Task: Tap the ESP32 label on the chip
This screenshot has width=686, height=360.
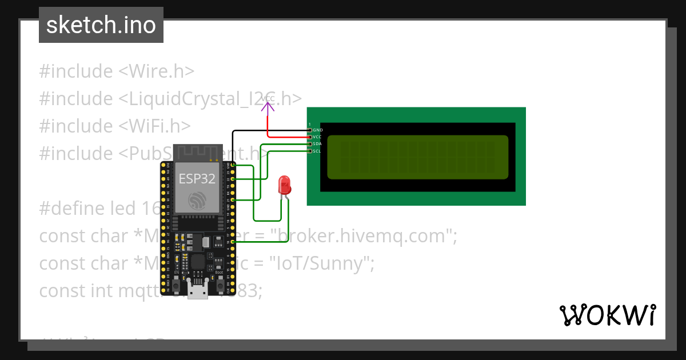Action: (197, 178)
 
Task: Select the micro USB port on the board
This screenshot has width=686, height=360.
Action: (198, 291)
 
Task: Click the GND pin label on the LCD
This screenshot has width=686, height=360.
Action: (318, 130)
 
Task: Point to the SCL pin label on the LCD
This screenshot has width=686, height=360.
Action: (317, 151)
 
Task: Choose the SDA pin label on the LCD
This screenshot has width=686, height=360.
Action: (317, 144)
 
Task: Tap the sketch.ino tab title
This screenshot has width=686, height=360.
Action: (101, 25)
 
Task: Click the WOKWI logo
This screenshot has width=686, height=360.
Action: (608, 315)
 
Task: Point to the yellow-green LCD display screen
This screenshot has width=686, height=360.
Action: (417, 157)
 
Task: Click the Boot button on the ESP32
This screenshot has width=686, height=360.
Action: (220, 284)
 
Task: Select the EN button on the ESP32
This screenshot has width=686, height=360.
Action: (177, 285)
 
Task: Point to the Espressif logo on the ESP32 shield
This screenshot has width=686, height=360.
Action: (197, 201)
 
